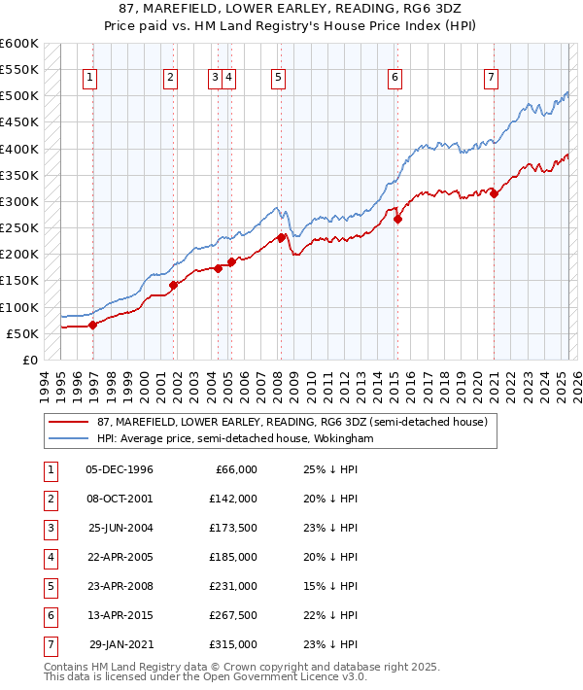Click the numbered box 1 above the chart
[x=89, y=79]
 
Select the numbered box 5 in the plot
[x=278, y=79]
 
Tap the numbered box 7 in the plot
[x=492, y=79]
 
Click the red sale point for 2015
[x=397, y=219]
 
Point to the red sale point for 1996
[x=93, y=326]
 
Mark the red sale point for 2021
[x=494, y=193]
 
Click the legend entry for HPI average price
[x=234, y=439]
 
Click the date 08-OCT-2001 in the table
[x=120, y=499]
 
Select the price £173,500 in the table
[x=233, y=528]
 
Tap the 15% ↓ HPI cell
[x=325, y=586]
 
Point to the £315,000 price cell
[x=233, y=644]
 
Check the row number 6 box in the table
[x=49, y=615]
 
